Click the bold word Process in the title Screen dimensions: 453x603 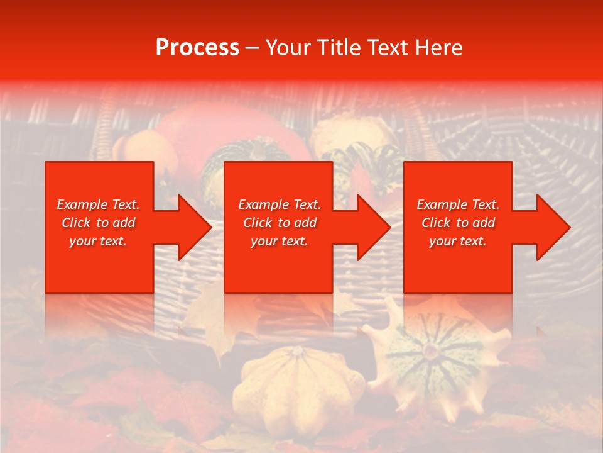point(197,48)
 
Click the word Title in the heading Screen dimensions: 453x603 point(340,48)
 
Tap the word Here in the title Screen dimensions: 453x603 point(439,48)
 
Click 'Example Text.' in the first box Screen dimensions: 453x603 point(98,204)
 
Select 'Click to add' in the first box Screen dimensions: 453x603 point(98,223)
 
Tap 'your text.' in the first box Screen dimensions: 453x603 point(98,241)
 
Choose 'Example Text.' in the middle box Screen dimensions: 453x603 point(280,204)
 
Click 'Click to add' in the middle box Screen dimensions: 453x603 point(280,223)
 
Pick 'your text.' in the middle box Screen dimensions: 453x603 point(280,241)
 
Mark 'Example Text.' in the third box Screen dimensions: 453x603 point(458,204)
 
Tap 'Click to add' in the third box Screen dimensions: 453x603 point(458,223)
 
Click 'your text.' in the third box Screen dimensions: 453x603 point(458,241)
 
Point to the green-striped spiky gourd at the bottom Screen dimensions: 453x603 point(433,352)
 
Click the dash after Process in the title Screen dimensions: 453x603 point(252,48)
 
